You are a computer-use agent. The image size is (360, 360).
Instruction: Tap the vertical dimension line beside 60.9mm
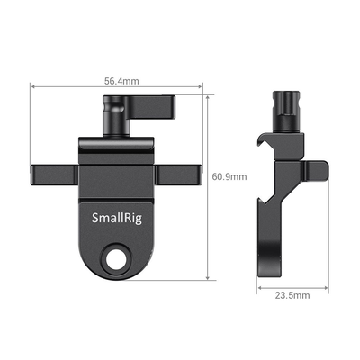pos(210,180)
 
